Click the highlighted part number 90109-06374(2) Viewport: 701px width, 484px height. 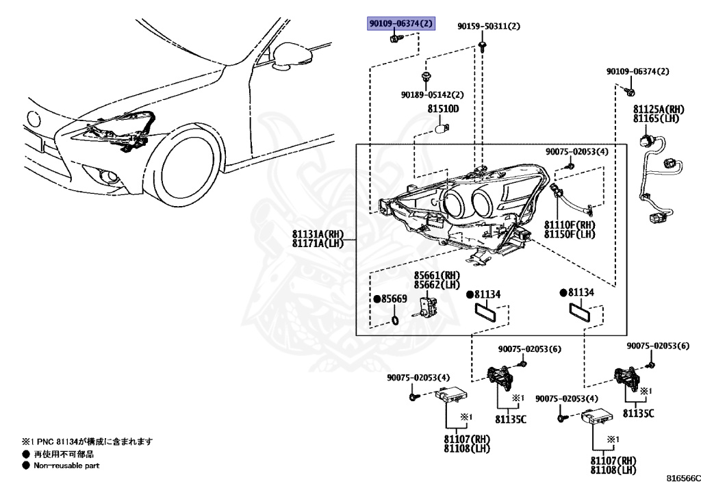401,25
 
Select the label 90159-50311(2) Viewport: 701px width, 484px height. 489,27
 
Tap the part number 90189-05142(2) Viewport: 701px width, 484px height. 432,95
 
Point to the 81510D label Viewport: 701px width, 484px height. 443,110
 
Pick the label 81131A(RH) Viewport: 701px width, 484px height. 317,234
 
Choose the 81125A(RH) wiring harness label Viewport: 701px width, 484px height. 658,110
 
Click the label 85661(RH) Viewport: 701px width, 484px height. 435,275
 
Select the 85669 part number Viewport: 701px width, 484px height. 394,299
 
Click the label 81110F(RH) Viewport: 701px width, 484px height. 570,225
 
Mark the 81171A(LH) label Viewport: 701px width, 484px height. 317,244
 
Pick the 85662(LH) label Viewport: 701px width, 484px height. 435,285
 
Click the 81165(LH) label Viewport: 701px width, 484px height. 658,119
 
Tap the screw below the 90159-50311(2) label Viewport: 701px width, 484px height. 483,46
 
